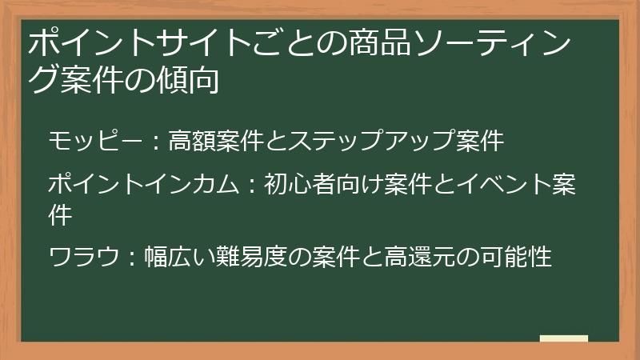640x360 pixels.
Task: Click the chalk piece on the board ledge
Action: (563, 338)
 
